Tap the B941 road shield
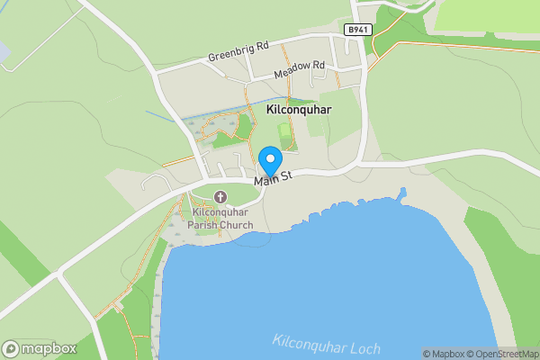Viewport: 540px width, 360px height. click(x=357, y=30)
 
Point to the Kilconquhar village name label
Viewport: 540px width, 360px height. click(x=300, y=109)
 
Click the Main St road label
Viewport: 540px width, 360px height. click(x=274, y=180)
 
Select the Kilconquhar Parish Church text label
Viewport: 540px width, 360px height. click(x=222, y=219)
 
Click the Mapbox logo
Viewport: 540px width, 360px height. click(x=40, y=348)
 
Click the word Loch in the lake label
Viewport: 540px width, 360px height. click(x=365, y=347)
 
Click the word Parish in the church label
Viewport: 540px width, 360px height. click(x=202, y=225)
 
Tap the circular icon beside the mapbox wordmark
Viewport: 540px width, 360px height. click(x=12, y=348)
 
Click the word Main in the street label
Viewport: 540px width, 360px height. click(x=265, y=182)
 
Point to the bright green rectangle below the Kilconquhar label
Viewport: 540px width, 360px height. click(x=287, y=136)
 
